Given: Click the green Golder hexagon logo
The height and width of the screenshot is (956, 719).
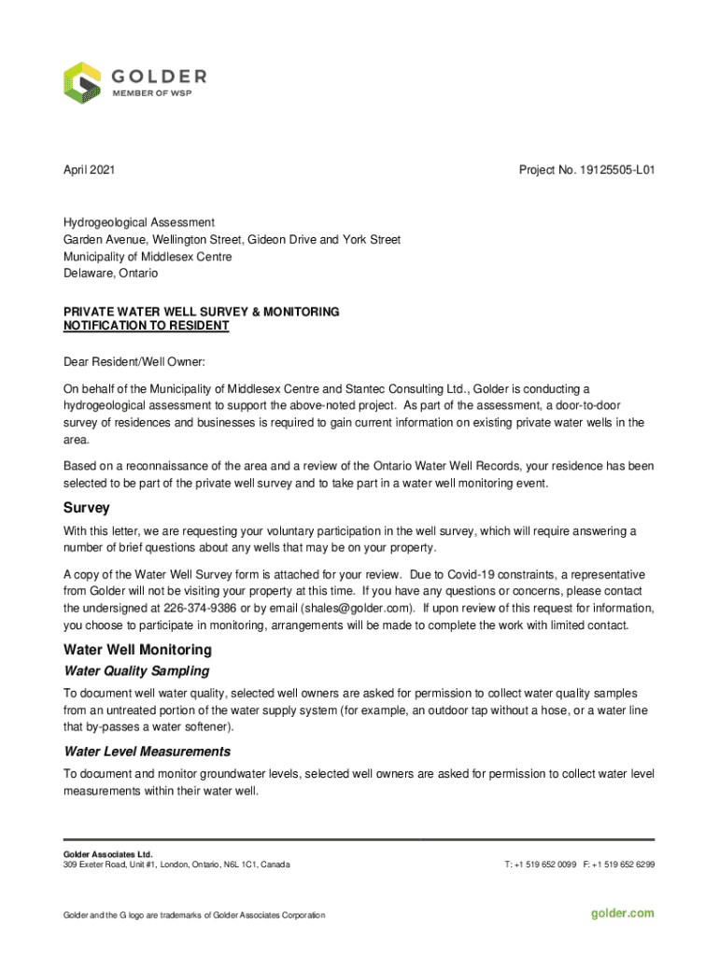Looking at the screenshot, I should click(x=82, y=83).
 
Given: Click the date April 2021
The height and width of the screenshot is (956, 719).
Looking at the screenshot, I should click(x=90, y=171).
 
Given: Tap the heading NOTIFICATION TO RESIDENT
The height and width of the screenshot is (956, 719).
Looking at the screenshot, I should click(x=146, y=326).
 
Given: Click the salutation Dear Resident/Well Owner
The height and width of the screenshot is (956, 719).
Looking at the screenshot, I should click(x=134, y=361).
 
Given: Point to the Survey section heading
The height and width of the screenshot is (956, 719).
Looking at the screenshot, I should click(x=87, y=508).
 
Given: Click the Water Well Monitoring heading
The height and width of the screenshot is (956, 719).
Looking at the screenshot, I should click(x=137, y=650).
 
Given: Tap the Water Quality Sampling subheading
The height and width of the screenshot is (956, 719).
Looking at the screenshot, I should click(x=136, y=671).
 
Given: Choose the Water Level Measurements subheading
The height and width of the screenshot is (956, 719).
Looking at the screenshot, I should click(x=147, y=752).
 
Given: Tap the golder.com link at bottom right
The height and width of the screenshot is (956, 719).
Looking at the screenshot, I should click(x=623, y=913).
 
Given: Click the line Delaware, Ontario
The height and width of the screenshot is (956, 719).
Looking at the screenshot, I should click(x=110, y=274).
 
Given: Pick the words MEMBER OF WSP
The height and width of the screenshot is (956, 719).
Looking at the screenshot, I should click(x=152, y=94).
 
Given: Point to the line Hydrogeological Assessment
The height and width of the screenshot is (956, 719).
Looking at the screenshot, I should click(x=139, y=223).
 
